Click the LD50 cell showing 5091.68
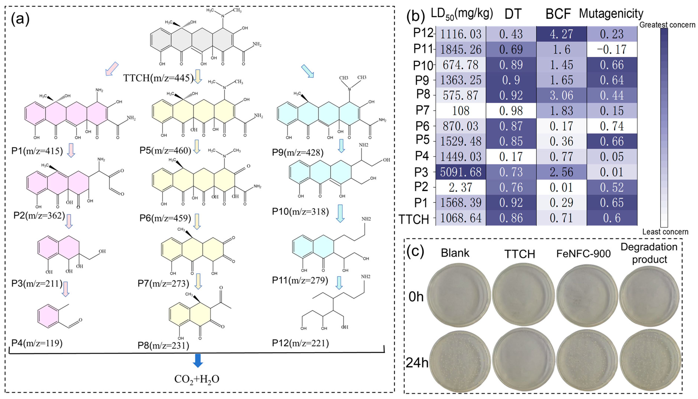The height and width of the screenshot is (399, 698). (461, 172)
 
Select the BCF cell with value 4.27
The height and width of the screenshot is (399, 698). (561, 34)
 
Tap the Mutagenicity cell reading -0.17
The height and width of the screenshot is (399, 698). (612, 49)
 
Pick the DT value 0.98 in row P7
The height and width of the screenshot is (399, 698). (511, 111)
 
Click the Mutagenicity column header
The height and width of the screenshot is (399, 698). (611, 14)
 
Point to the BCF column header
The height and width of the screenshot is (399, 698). (558, 14)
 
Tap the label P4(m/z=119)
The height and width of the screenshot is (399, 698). (37, 343)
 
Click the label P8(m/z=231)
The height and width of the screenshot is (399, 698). (163, 345)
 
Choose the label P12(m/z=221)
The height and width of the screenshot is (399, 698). (300, 343)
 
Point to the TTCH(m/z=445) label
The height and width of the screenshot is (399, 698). (158, 78)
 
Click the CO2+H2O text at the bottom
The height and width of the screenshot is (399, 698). (197, 379)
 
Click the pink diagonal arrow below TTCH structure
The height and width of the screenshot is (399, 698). (112, 69)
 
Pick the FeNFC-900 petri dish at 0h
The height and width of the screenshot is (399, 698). (587, 295)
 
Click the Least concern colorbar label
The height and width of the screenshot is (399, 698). (665, 232)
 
